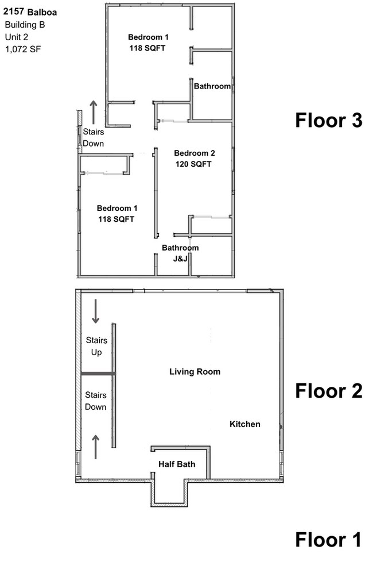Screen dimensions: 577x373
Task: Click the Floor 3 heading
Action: tap(328, 121)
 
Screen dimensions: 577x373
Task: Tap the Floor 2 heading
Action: tap(328, 391)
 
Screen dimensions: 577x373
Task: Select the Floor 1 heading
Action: tap(328, 540)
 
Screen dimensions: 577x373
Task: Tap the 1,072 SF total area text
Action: tap(22, 49)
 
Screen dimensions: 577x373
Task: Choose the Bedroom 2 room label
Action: tap(195, 153)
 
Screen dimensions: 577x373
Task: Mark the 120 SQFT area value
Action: tap(194, 164)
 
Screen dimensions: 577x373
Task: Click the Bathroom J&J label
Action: tap(180, 253)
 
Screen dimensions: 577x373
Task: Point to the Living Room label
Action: tap(195, 372)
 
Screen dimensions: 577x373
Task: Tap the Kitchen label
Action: tap(245, 424)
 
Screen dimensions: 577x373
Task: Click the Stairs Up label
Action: tap(96, 347)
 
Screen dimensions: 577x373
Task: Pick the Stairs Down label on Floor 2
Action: tap(96, 401)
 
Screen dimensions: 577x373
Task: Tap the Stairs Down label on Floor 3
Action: tap(94, 137)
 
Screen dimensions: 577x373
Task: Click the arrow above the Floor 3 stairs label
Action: tap(94, 110)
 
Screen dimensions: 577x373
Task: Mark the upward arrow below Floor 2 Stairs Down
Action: tap(95, 445)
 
